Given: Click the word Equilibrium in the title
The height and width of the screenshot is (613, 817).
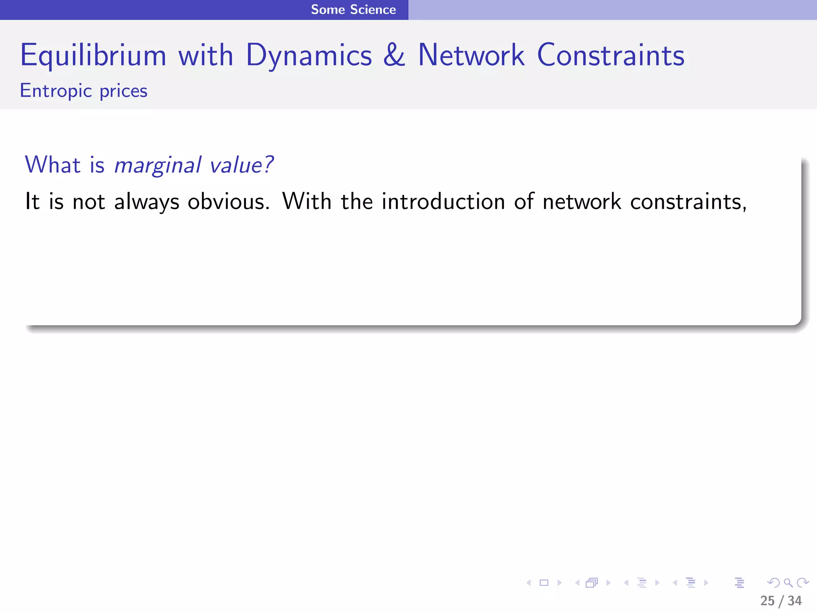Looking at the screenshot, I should [x=93, y=56].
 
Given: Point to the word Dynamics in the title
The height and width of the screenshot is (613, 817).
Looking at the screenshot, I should [x=309, y=56].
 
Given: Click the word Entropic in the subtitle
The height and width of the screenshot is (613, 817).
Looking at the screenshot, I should [x=56, y=91].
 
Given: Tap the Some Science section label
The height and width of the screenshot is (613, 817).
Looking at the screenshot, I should [x=353, y=10].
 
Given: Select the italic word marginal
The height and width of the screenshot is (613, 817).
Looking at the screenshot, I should [x=158, y=165].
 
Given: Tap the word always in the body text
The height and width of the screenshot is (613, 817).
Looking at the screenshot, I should [x=147, y=202].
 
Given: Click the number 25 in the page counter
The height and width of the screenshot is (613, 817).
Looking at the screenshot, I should [x=767, y=601].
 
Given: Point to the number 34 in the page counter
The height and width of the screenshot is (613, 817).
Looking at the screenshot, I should [x=795, y=601].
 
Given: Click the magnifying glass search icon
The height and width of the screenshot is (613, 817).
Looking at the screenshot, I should [x=788, y=583].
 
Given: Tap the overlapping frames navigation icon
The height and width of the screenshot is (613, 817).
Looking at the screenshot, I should [x=592, y=583].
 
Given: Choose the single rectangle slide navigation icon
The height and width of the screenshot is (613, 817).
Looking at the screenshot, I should [x=544, y=583].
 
